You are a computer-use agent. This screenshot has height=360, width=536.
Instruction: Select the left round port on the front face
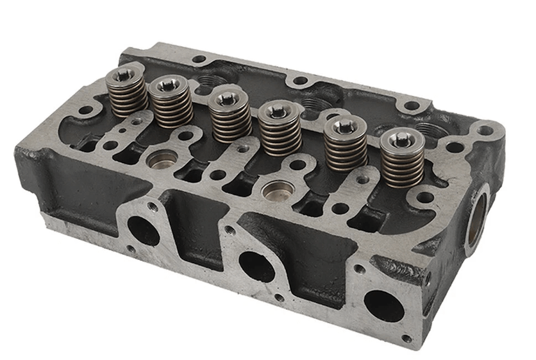[x=144, y=230]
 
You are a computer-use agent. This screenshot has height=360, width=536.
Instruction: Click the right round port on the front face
[x=383, y=306]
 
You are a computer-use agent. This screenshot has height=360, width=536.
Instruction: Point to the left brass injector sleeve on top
[x=161, y=160]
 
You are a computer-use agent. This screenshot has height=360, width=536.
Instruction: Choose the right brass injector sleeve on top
[x=279, y=191]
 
